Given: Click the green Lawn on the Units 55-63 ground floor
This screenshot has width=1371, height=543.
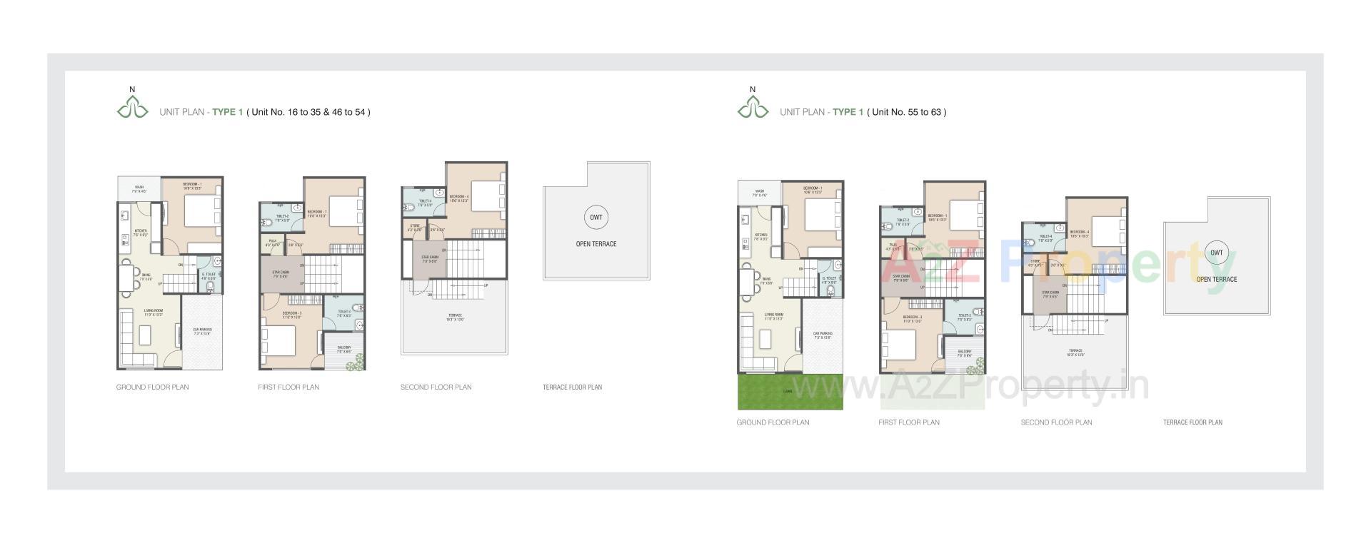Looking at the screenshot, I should point(790,392).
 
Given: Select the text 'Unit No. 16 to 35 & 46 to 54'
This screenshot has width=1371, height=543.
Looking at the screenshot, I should point(308,112).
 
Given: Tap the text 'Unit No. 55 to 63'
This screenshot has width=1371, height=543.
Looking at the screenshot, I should point(907,112).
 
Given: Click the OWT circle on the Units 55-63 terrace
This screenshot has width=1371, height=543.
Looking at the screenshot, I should point(1216,253).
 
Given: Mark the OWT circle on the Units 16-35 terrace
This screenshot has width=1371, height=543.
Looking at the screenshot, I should point(596,218).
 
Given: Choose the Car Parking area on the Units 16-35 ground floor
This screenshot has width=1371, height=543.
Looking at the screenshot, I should point(202,331).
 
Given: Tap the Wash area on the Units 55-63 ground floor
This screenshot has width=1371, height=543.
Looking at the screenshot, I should point(759,193).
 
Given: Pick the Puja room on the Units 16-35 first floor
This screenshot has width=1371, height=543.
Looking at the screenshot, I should point(273,243).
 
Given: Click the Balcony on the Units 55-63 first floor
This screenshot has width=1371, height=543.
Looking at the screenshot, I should point(964,353).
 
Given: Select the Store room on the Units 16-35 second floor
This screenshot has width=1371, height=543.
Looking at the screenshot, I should point(414,228).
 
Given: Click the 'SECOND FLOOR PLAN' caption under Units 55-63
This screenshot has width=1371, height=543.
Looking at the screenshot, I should point(1056,422).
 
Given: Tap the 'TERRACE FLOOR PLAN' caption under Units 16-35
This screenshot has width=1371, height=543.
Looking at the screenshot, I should point(572,387).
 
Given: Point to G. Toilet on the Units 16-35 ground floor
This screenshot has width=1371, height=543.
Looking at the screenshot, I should point(209,275).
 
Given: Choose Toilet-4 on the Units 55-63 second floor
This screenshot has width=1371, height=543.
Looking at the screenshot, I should point(1045,238).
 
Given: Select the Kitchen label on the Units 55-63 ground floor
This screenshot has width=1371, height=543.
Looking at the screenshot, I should point(761,236).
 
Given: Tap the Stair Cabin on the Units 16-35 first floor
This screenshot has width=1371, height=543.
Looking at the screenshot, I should point(280,273).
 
